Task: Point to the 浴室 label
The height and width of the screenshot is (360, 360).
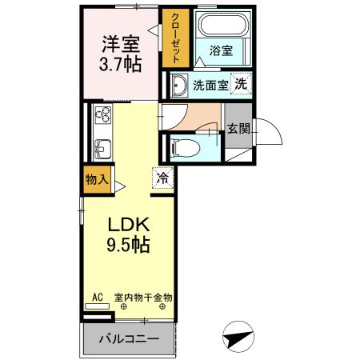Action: coord(221,50)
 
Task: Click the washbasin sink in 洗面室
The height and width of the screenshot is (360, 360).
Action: coord(178,86)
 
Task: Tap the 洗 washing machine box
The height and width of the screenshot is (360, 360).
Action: coord(241,85)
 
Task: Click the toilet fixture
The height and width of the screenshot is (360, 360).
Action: coord(182,147)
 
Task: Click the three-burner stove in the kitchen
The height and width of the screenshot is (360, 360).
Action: coord(102,117)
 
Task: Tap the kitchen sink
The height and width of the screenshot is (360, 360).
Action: coord(102,147)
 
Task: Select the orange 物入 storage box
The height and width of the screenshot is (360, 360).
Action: coord(97,179)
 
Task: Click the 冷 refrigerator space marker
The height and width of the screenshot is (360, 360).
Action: coord(162,179)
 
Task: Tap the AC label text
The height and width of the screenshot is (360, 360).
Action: coord(98,298)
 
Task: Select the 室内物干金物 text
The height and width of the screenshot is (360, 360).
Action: coord(143,298)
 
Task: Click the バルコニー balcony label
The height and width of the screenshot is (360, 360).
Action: coord(129,339)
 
